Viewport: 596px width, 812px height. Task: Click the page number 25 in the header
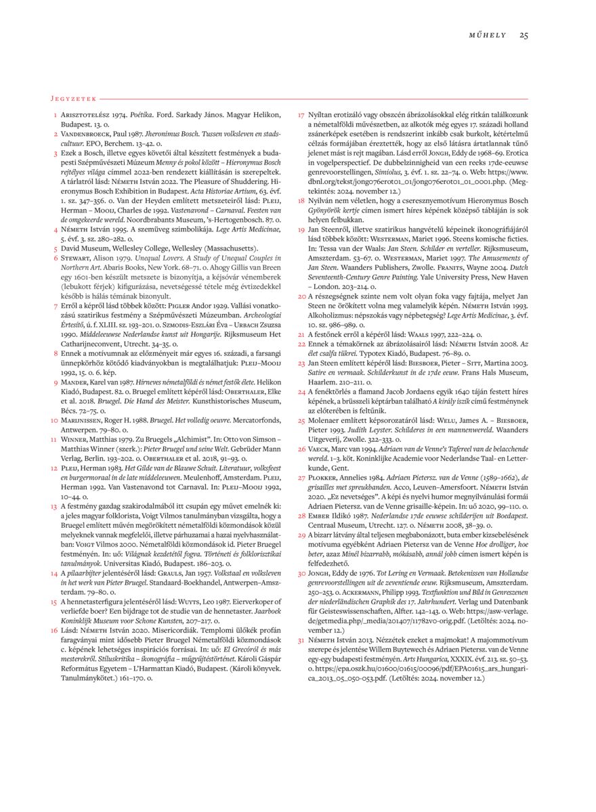coord(524,35)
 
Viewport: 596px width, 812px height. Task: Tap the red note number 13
coord(54,505)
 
